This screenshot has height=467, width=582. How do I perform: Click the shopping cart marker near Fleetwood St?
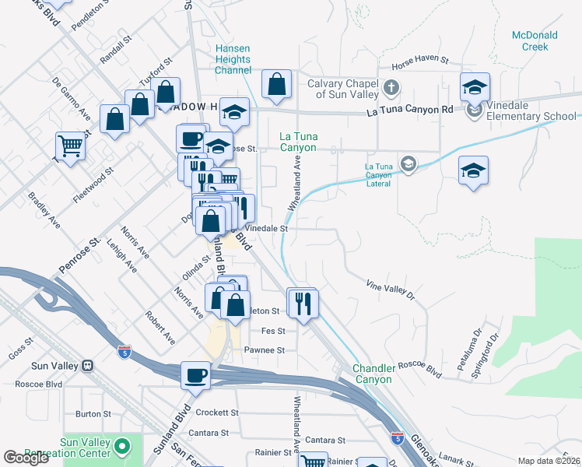pyautogui.click(x=70, y=145)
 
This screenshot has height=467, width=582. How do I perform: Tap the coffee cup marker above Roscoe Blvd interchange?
pyautogui.click(x=195, y=375)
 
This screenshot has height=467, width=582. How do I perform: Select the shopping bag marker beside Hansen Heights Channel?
pyautogui.click(x=276, y=83)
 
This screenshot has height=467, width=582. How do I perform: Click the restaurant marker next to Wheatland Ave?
pyautogui.click(x=303, y=301)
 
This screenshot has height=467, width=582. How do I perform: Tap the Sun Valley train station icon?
pyautogui.click(x=87, y=365)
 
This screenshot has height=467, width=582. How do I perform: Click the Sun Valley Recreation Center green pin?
pyautogui.click(x=121, y=446)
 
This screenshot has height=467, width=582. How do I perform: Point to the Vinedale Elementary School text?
pyautogui.click(x=533, y=117)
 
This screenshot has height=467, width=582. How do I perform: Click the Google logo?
pyautogui.click(x=26, y=458)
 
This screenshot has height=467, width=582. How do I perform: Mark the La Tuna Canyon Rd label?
pyautogui.click(x=410, y=111)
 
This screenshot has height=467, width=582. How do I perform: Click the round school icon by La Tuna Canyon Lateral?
pyautogui.click(x=407, y=163)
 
